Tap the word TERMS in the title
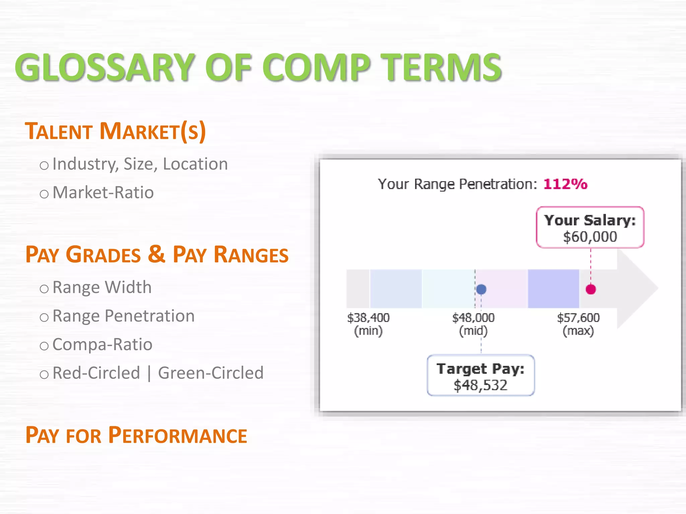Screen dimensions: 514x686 [x=442, y=68]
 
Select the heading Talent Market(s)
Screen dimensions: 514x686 [x=115, y=131]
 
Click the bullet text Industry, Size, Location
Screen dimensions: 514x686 [x=140, y=164]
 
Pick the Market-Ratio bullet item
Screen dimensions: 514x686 [x=103, y=193]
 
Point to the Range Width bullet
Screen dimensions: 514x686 [x=102, y=287]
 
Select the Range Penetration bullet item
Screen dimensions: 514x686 [x=123, y=316]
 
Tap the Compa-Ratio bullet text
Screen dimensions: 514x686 [x=102, y=345]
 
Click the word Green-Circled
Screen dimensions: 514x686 [x=211, y=373]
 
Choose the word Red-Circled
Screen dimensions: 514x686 [x=96, y=373]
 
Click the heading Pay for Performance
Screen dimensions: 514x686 [x=136, y=435]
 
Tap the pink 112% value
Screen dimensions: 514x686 [x=565, y=184]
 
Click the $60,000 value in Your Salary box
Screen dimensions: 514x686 [x=590, y=237]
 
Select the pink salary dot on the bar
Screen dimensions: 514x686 [x=591, y=289]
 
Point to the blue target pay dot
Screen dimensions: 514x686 [x=481, y=289]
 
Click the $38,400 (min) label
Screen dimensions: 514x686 [x=368, y=324]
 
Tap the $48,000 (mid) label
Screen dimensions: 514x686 [x=473, y=324]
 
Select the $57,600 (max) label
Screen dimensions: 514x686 [x=578, y=324]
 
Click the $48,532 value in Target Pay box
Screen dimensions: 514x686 [x=480, y=385]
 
